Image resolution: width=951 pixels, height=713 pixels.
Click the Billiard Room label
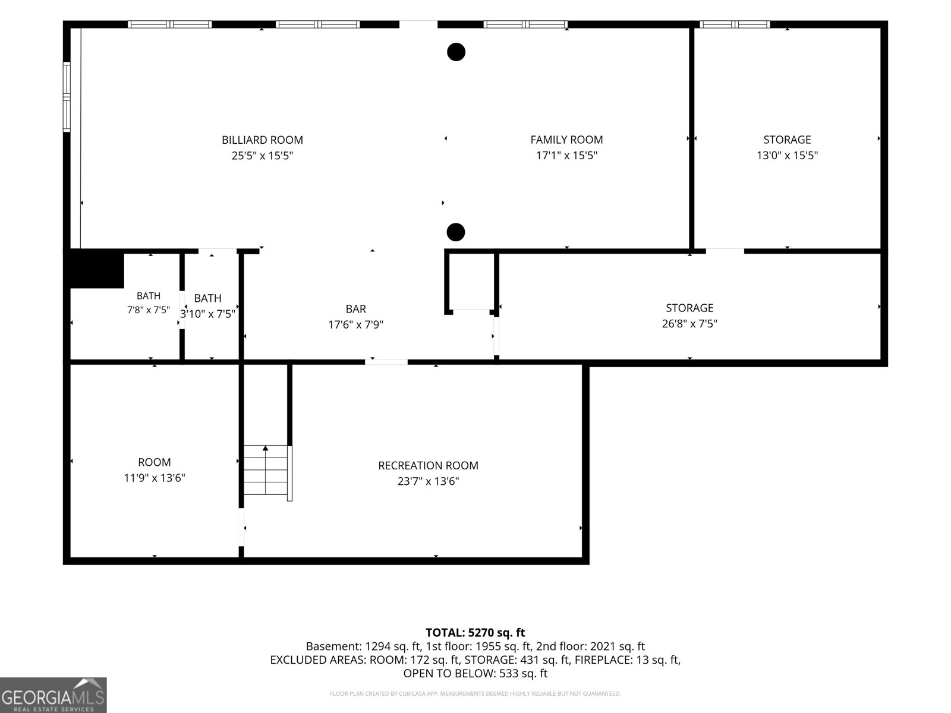click(262, 140)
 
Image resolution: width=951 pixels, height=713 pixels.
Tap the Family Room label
click(566, 140)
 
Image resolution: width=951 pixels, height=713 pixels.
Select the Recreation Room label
click(428, 465)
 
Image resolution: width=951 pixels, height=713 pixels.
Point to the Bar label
click(355, 308)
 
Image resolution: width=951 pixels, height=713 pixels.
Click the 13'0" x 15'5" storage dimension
click(787, 156)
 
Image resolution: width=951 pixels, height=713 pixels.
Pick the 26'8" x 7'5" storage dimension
click(689, 323)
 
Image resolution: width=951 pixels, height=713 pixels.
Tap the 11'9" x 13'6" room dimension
click(154, 478)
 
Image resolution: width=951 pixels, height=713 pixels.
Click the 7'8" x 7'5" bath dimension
click(148, 310)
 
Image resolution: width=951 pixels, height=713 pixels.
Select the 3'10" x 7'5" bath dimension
click(207, 314)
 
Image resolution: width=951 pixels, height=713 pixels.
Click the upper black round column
click(456, 52)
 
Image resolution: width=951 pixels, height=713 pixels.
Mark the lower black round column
click(456, 232)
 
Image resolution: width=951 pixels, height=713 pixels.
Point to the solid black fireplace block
click(97, 269)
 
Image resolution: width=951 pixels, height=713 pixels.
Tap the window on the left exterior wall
click(67, 96)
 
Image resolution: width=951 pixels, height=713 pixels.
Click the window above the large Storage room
click(735, 24)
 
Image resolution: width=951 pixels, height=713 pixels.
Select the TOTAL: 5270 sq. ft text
click(475, 632)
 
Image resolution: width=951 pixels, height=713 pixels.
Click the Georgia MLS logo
click(53, 695)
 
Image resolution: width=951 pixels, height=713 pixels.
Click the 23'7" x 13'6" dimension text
click(428, 481)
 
